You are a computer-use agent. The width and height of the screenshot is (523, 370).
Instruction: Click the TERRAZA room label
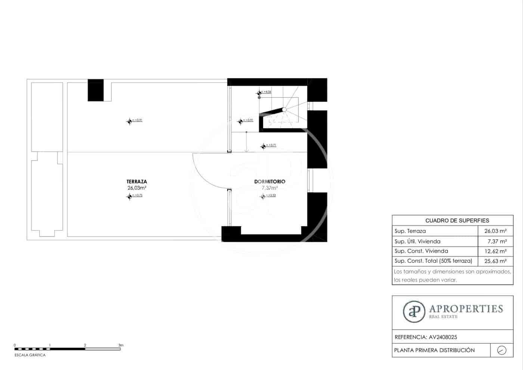click(137, 182)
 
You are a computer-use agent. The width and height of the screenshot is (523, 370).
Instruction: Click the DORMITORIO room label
click(270, 182)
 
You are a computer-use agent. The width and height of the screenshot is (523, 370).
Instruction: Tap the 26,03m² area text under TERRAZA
click(137, 188)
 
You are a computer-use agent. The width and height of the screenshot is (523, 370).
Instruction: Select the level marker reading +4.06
click(259, 93)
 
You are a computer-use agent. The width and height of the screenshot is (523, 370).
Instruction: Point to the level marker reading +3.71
click(264, 146)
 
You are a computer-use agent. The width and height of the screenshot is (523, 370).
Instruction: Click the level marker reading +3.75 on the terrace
click(130, 196)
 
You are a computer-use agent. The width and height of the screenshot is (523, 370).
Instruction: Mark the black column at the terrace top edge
click(96, 90)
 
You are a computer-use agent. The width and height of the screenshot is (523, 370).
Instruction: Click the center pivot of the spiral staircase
click(284, 109)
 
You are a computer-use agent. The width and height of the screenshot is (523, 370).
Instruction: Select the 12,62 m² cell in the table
click(495, 251)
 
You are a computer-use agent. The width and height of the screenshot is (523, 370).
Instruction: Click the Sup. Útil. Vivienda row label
click(417, 242)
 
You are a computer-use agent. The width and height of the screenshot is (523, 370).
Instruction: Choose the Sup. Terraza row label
click(410, 231)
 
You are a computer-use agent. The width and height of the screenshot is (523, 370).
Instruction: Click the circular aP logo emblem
click(414, 311)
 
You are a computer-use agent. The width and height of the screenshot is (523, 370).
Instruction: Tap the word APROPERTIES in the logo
click(466, 309)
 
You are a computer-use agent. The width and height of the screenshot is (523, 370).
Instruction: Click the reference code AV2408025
click(443, 337)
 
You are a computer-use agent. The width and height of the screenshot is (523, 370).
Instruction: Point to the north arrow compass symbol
click(502, 350)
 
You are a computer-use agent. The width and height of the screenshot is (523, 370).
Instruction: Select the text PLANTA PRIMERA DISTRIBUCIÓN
click(434, 350)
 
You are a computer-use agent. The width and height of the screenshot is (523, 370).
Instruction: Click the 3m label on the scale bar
click(121, 345)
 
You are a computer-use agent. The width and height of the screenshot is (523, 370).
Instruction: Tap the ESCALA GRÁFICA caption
click(30, 355)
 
